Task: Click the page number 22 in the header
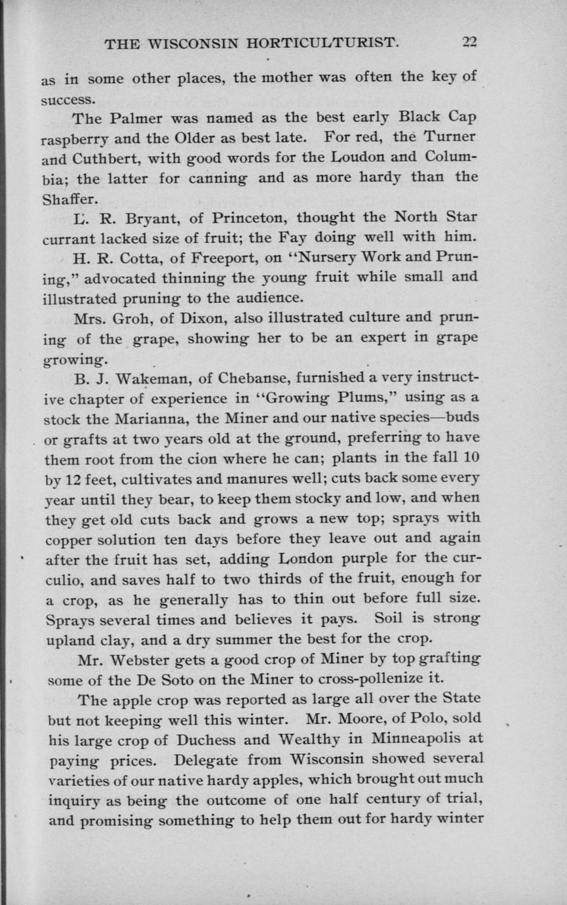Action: point(469,43)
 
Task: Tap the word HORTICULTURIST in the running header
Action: point(321,44)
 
